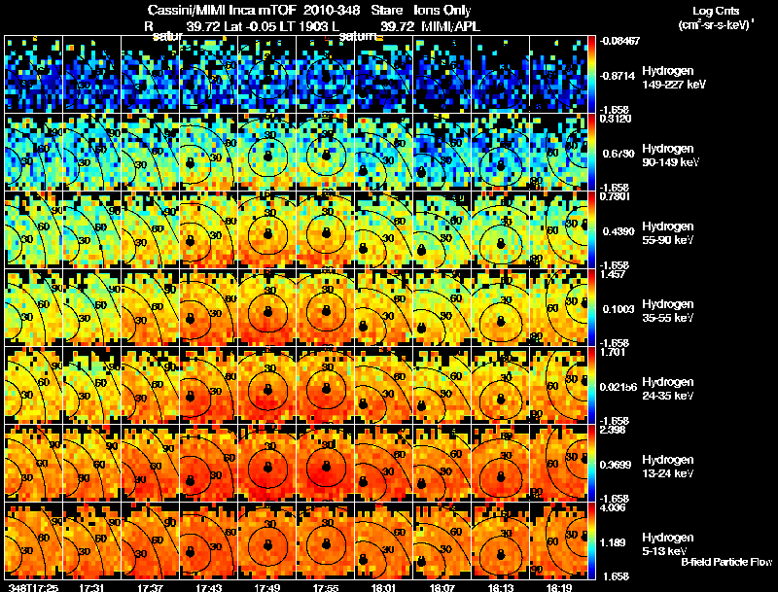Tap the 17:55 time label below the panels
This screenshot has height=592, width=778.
[325, 586]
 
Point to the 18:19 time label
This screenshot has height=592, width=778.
[558, 586]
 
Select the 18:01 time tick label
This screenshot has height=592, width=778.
[383, 586]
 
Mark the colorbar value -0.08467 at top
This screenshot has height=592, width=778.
[619, 41]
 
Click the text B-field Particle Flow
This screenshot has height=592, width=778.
[726, 562]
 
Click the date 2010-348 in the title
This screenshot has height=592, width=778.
[333, 10]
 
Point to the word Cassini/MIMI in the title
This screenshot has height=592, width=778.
[182, 10]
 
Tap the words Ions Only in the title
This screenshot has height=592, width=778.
[442, 10]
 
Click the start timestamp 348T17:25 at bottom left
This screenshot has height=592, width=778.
[31, 586]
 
